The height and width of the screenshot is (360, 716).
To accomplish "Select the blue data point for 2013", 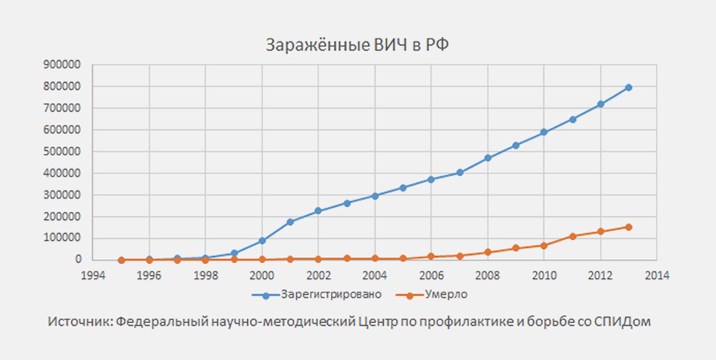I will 628,87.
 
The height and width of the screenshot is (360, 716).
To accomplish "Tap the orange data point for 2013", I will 628,226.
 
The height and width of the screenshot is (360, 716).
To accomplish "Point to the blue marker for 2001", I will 290,221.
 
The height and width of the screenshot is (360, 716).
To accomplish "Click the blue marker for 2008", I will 487,157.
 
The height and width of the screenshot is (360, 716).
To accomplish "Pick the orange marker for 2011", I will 572,236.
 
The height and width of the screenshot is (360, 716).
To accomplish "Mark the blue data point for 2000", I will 262,240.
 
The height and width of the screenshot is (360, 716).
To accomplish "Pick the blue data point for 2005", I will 403,187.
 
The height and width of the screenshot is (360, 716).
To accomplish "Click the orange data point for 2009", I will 516,248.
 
